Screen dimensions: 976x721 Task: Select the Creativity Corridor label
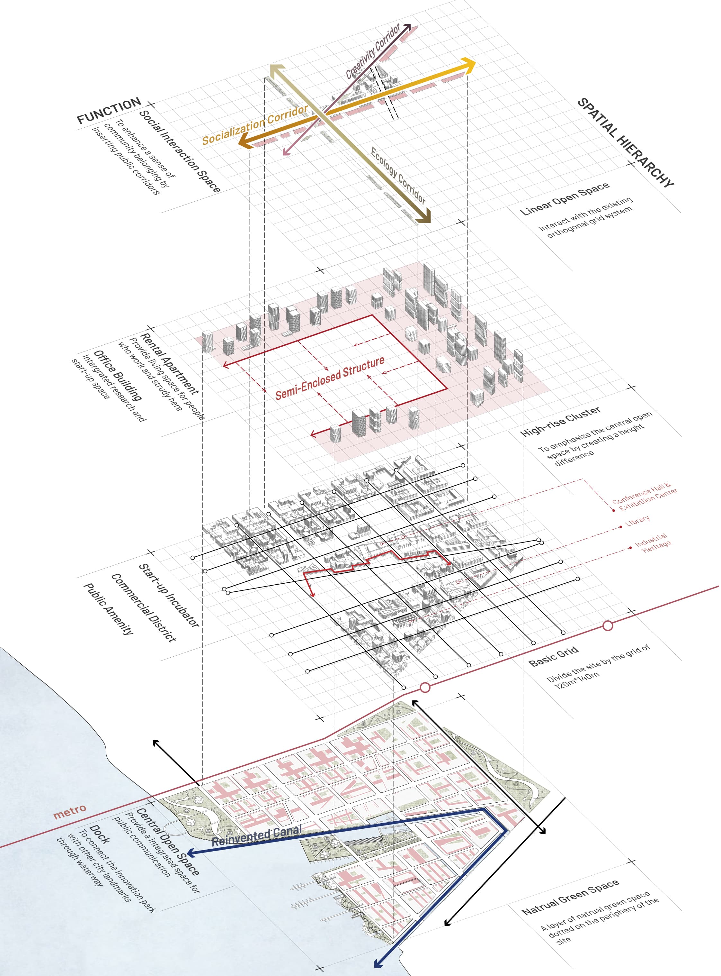pyautogui.click(x=373, y=51)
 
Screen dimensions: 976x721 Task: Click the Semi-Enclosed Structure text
pyautogui.click(x=330, y=378)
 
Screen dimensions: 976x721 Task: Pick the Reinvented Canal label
pyautogui.click(x=257, y=835)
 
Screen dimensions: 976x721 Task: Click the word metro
pyautogui.click(x=70, y=811)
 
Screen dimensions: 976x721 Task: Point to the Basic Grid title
pyautogui.click(x=553, y=657)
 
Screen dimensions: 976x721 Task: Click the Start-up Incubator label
pyautogui.click(x=168, y=595)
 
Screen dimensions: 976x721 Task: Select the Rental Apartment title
pyautogui.click(x=169, y=363)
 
